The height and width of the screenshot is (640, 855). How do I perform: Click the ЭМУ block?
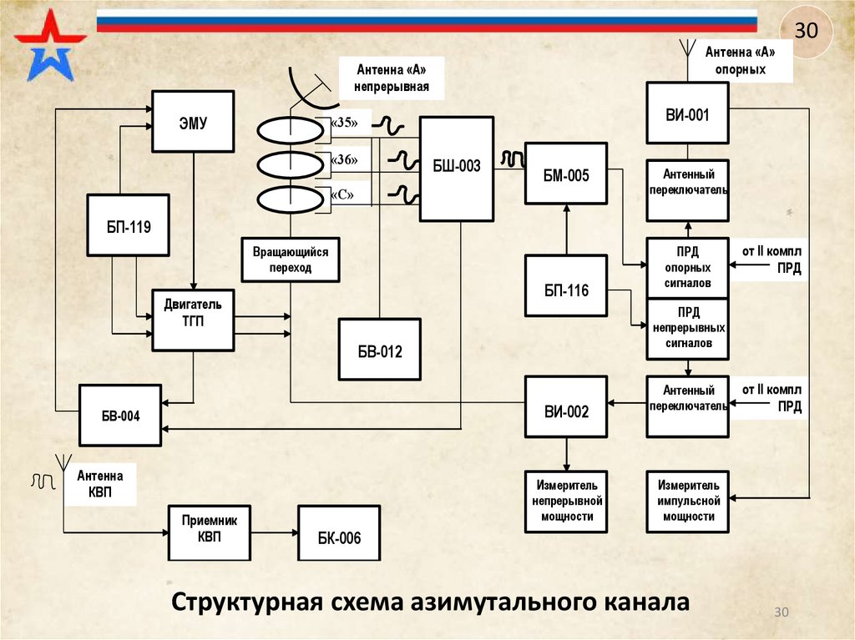pos(192,121)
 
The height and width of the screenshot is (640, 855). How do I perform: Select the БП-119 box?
pos(128,225)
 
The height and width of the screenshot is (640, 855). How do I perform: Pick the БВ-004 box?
pos(120,415)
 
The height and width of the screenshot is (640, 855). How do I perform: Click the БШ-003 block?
pos(456,169)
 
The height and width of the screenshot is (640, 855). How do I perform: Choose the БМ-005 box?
pos(566,174)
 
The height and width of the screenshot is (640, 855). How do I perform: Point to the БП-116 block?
pos(566,285)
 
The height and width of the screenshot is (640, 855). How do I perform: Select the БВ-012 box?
pos(380,350)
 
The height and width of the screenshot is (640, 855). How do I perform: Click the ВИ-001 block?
pos(687,114)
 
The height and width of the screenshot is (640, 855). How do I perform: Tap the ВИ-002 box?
pos(566,406)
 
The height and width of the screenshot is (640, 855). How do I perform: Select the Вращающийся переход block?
pos(291,260)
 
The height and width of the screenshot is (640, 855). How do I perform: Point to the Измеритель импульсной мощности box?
pos(688,501)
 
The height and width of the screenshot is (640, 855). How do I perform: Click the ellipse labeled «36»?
pos(289,163)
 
